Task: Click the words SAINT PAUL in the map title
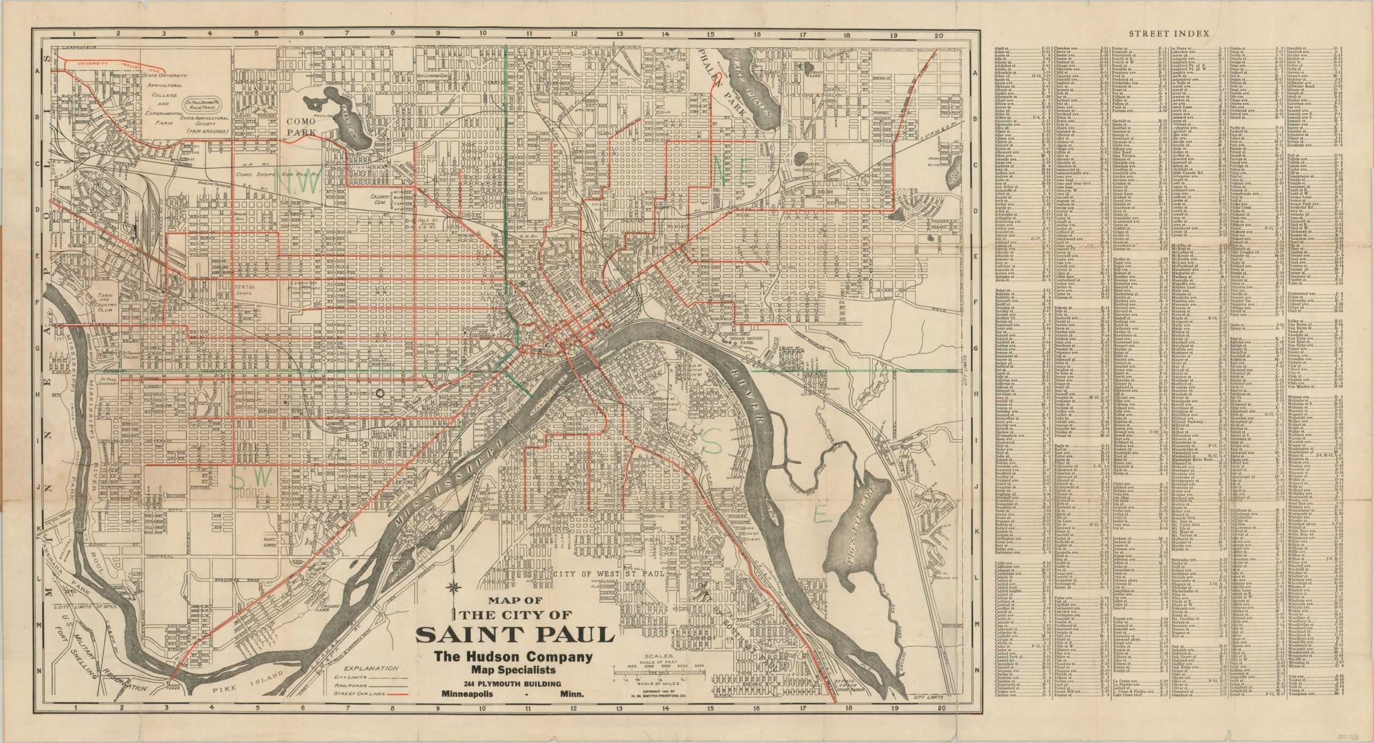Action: coord(515,636)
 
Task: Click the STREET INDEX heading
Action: coord(1168,33)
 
